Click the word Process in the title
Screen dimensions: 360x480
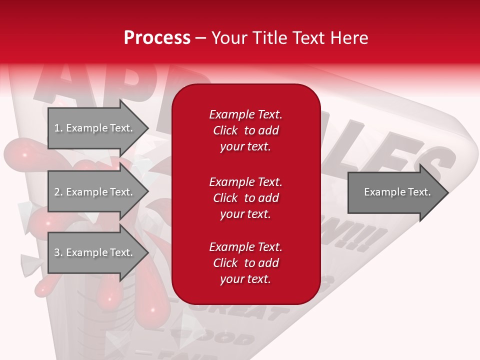[x=157, y=38]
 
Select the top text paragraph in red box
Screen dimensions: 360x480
[x=245, y=130]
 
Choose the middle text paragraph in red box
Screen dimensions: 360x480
[x=245, y=197]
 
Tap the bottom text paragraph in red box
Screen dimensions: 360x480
[x=245, y=263]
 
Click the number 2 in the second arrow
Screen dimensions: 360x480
[x=56, y=192]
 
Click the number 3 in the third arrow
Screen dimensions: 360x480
[x=56, y=252]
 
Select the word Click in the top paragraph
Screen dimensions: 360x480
[x=225, y=130]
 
